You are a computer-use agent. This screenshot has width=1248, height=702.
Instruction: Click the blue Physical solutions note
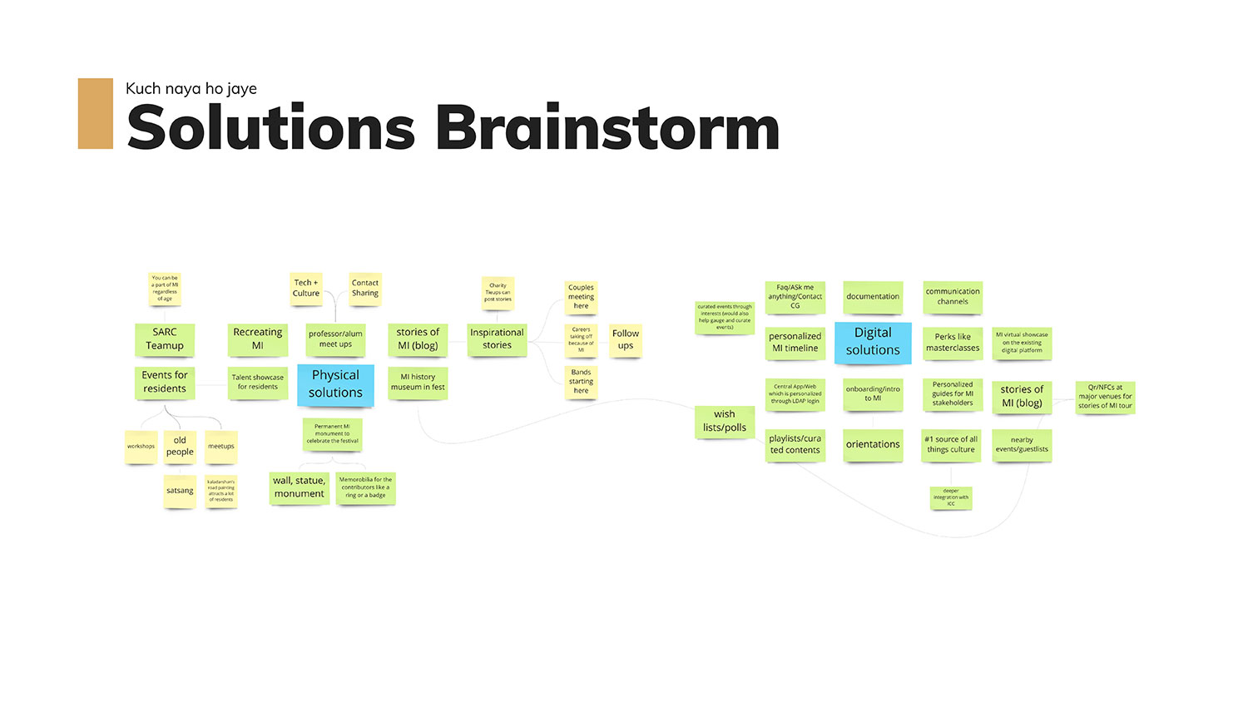click(x=335, y=384)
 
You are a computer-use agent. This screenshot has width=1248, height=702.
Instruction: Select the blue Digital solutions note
click(x=873, y=342)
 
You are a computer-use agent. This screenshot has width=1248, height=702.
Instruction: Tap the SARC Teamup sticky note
click(x=165, y=339)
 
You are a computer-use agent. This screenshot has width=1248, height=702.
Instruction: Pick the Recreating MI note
click(x=258, y=339)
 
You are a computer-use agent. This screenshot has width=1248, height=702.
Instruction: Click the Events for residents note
click(x=165, y=382)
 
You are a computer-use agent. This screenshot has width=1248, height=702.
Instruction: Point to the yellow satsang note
click(x=180, y=491)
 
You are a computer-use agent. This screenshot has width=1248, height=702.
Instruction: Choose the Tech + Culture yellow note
click(x=305, y=288)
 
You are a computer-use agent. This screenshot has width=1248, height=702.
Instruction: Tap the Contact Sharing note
click(x=364, y=288)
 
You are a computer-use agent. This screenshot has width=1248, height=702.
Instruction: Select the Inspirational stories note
click(x=497, y=339)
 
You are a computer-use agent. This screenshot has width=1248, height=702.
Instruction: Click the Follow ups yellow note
click(x=626, y=339)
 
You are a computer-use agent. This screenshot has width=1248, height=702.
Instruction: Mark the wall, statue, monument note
click(x=300, y=487)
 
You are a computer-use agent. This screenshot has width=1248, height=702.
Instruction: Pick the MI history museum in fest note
click(x=418, y=382)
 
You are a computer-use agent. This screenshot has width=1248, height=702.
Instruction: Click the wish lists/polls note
click(x=724, y=421)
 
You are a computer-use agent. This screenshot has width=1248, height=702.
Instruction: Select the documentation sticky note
click(x=873, y=297)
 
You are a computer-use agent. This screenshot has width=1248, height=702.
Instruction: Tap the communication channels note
click(x=953, y=297)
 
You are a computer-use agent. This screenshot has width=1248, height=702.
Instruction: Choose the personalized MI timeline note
click(x=795, y=342)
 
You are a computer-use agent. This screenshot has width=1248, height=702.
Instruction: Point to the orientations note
click(x=873, y=444)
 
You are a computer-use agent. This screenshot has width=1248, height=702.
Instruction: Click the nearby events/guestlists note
click(x=1022, y=445)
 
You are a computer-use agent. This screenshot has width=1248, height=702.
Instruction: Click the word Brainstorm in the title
click(x=607, y=129)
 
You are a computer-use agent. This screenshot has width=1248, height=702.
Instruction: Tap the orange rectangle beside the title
click(x=96, y=114)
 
